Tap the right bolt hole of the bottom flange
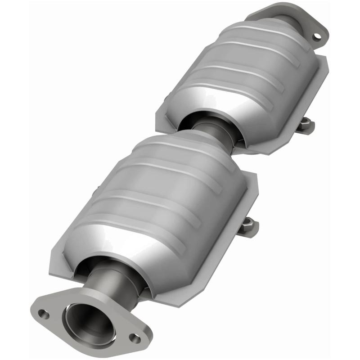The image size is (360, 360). [134, 337]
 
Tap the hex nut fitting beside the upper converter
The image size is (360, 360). [306, 124]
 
